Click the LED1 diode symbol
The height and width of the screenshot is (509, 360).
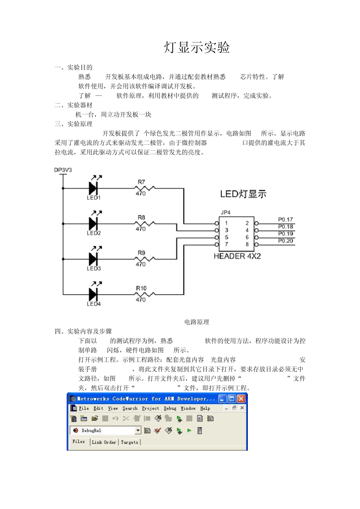93,188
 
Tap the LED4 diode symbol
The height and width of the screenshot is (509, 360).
93,294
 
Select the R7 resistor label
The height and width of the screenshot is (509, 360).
141,182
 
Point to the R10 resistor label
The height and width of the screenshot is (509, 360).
141,288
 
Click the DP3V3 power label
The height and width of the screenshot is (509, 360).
63,170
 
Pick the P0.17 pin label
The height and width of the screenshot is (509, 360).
285,220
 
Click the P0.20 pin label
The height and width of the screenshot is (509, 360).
285,241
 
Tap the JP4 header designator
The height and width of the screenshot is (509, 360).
225,212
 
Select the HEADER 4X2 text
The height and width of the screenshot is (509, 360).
237,256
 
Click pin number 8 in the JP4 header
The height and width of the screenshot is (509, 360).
247,244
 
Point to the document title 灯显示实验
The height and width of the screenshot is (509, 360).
197,48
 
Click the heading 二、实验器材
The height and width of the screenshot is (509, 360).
74,105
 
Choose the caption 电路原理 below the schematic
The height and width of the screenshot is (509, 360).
197,322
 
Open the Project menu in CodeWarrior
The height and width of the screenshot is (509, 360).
150,408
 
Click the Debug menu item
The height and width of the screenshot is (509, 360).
170,408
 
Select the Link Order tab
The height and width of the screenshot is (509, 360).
104,442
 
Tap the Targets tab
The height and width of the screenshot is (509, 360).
130,442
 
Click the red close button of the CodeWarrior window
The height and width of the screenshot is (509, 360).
241,398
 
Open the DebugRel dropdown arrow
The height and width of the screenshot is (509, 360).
138,430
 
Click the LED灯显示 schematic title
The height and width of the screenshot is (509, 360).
243,194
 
